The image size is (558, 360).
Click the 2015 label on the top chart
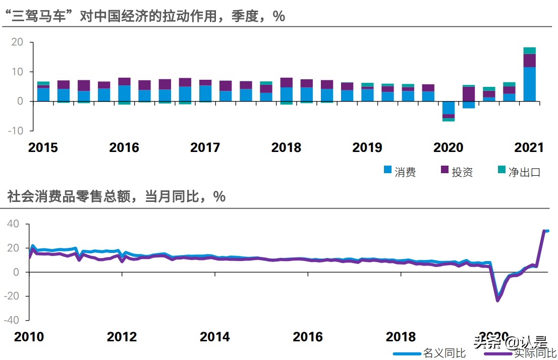(43, 147)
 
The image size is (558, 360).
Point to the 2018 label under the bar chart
(286, 147)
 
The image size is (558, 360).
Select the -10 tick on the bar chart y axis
(17, 130)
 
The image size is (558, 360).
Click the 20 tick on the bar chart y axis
(18, 42)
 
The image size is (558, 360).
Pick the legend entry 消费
(400, 172)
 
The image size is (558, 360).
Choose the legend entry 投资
(457, 172)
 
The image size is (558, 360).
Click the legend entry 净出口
(519, 172)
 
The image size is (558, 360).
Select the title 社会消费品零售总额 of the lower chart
(116, 196)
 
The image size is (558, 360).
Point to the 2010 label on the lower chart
(29, 337)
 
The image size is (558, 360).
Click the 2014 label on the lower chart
(215, 337)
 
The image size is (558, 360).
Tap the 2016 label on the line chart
(308, 337)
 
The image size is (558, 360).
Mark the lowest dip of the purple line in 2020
(497, 300)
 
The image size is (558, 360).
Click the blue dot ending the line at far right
(547, 231)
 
